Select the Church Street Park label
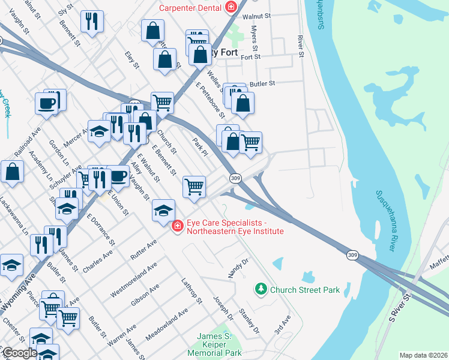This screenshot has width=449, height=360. pos(305,290)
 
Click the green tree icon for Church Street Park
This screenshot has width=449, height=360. pos(261,290)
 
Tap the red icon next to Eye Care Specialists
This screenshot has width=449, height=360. pos(177,226)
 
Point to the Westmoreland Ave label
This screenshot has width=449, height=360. pos(133,280)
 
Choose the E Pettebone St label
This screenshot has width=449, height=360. pos(210,100)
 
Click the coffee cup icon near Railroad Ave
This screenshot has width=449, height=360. pos(46,103)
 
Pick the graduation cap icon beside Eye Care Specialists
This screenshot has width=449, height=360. pos(163,211)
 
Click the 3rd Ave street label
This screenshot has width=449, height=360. pos(282,325)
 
